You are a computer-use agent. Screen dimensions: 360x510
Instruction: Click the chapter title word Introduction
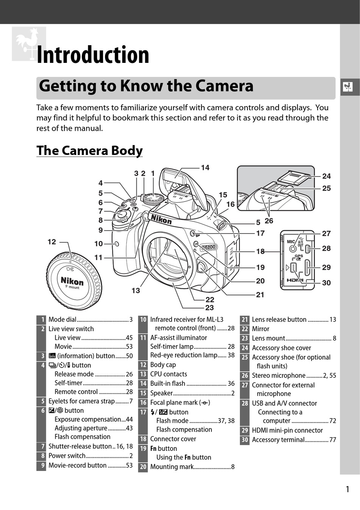tap(93, 55)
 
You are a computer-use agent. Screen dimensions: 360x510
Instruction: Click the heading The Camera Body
tap(89, 150)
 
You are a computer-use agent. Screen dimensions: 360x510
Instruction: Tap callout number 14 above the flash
tap(205, 167)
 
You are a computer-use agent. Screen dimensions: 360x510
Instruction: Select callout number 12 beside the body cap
tap(52, 242)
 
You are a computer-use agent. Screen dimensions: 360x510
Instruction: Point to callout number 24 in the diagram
tap(326, 176)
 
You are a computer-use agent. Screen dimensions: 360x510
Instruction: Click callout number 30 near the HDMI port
tap(326, 283)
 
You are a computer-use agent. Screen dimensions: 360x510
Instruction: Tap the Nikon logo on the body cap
tap(72, 281)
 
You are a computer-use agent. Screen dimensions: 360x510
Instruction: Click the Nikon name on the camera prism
tap(161, 219)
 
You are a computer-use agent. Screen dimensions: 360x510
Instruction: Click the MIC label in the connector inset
tap(291, 241)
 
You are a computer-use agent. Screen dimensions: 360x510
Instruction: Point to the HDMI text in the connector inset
tap(295, 280)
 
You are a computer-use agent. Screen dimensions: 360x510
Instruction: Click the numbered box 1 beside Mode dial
tap(41, 320)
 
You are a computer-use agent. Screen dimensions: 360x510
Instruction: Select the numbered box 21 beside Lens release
tap(245, 320)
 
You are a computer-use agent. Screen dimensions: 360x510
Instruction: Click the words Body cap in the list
tap(163, 365)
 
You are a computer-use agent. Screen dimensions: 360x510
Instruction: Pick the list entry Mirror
tap(261, 329)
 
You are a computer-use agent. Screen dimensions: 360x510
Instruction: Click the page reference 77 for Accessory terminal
tap(332, 440)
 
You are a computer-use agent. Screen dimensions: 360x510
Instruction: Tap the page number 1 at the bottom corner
tap(347, 489)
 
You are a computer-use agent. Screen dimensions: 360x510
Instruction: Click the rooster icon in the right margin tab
tap(347, 88)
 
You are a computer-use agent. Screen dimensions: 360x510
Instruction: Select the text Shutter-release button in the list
tap(80, 446)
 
